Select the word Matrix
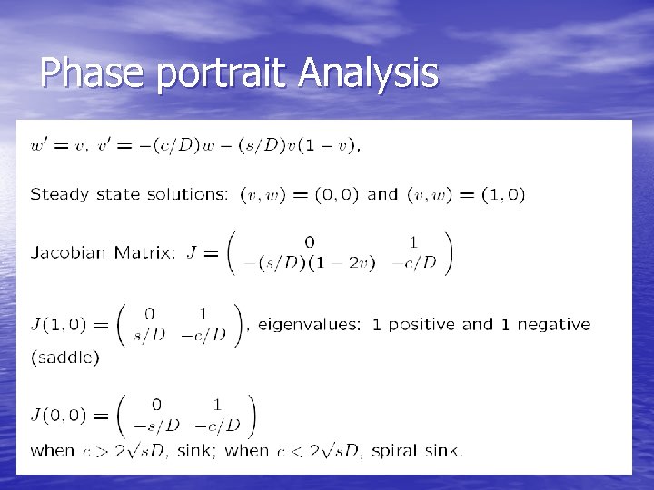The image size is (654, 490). [145, 253]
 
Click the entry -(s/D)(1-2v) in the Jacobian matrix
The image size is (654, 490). [304, 263]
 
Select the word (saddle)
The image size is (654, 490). [65, 358]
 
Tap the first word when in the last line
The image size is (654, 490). [53, 450]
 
